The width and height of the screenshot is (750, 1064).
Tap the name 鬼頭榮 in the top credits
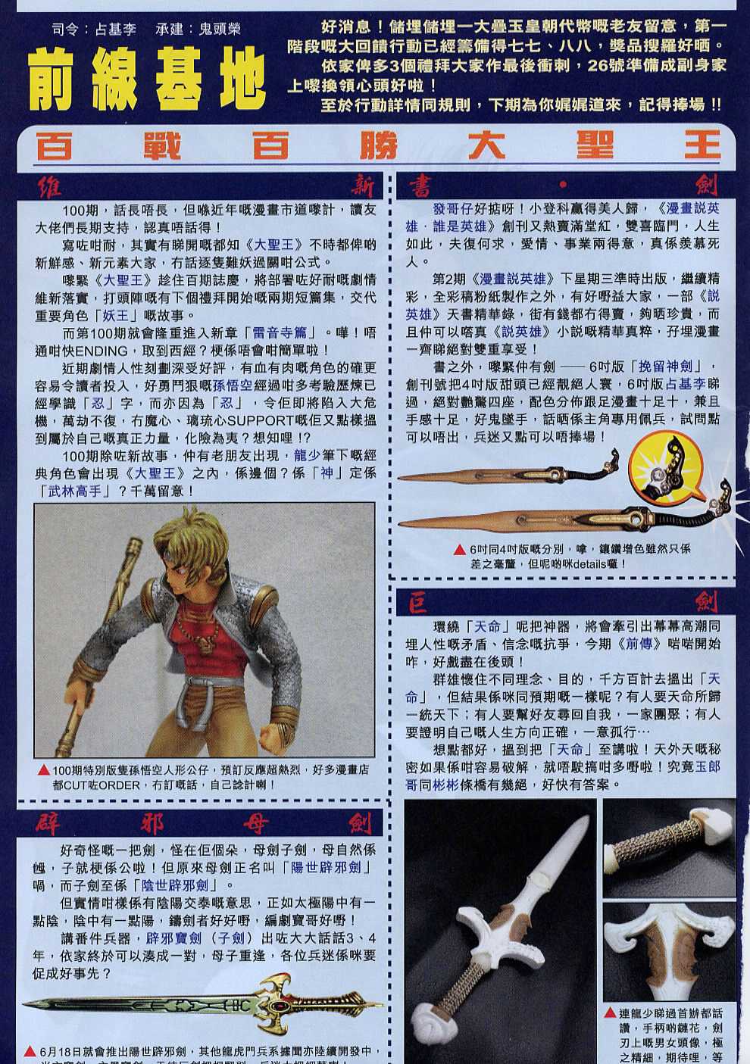[219, 30]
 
